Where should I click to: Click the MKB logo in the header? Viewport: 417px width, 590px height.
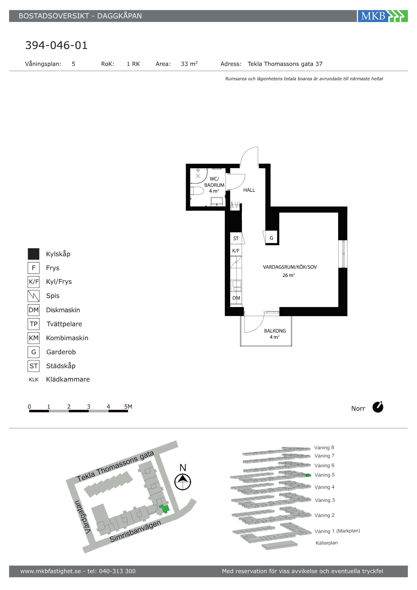(x=383, y=16)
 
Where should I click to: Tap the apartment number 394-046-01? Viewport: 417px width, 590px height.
(x=56, y=45)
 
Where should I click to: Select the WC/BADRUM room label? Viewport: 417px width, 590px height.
(x=214, y=182)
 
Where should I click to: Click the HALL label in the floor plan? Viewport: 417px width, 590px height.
(x=249, y=190)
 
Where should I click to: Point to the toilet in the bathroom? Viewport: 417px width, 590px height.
(x=197, y=191)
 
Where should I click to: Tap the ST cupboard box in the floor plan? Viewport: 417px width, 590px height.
(x=236, y=238)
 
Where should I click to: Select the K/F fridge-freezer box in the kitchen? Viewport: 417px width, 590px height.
(x=236, y=251)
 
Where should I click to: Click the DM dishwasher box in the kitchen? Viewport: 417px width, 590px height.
(x=236, y=298)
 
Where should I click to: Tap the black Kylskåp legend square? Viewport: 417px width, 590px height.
(x=34, y=254)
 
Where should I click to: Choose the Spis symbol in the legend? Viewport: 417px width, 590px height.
(x=34, y=296)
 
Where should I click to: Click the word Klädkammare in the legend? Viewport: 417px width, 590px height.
(x=68, y=379)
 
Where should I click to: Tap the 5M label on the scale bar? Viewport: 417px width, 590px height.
(x=128, y=407)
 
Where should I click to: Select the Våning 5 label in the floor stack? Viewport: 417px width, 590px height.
(x=325, y=475)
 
